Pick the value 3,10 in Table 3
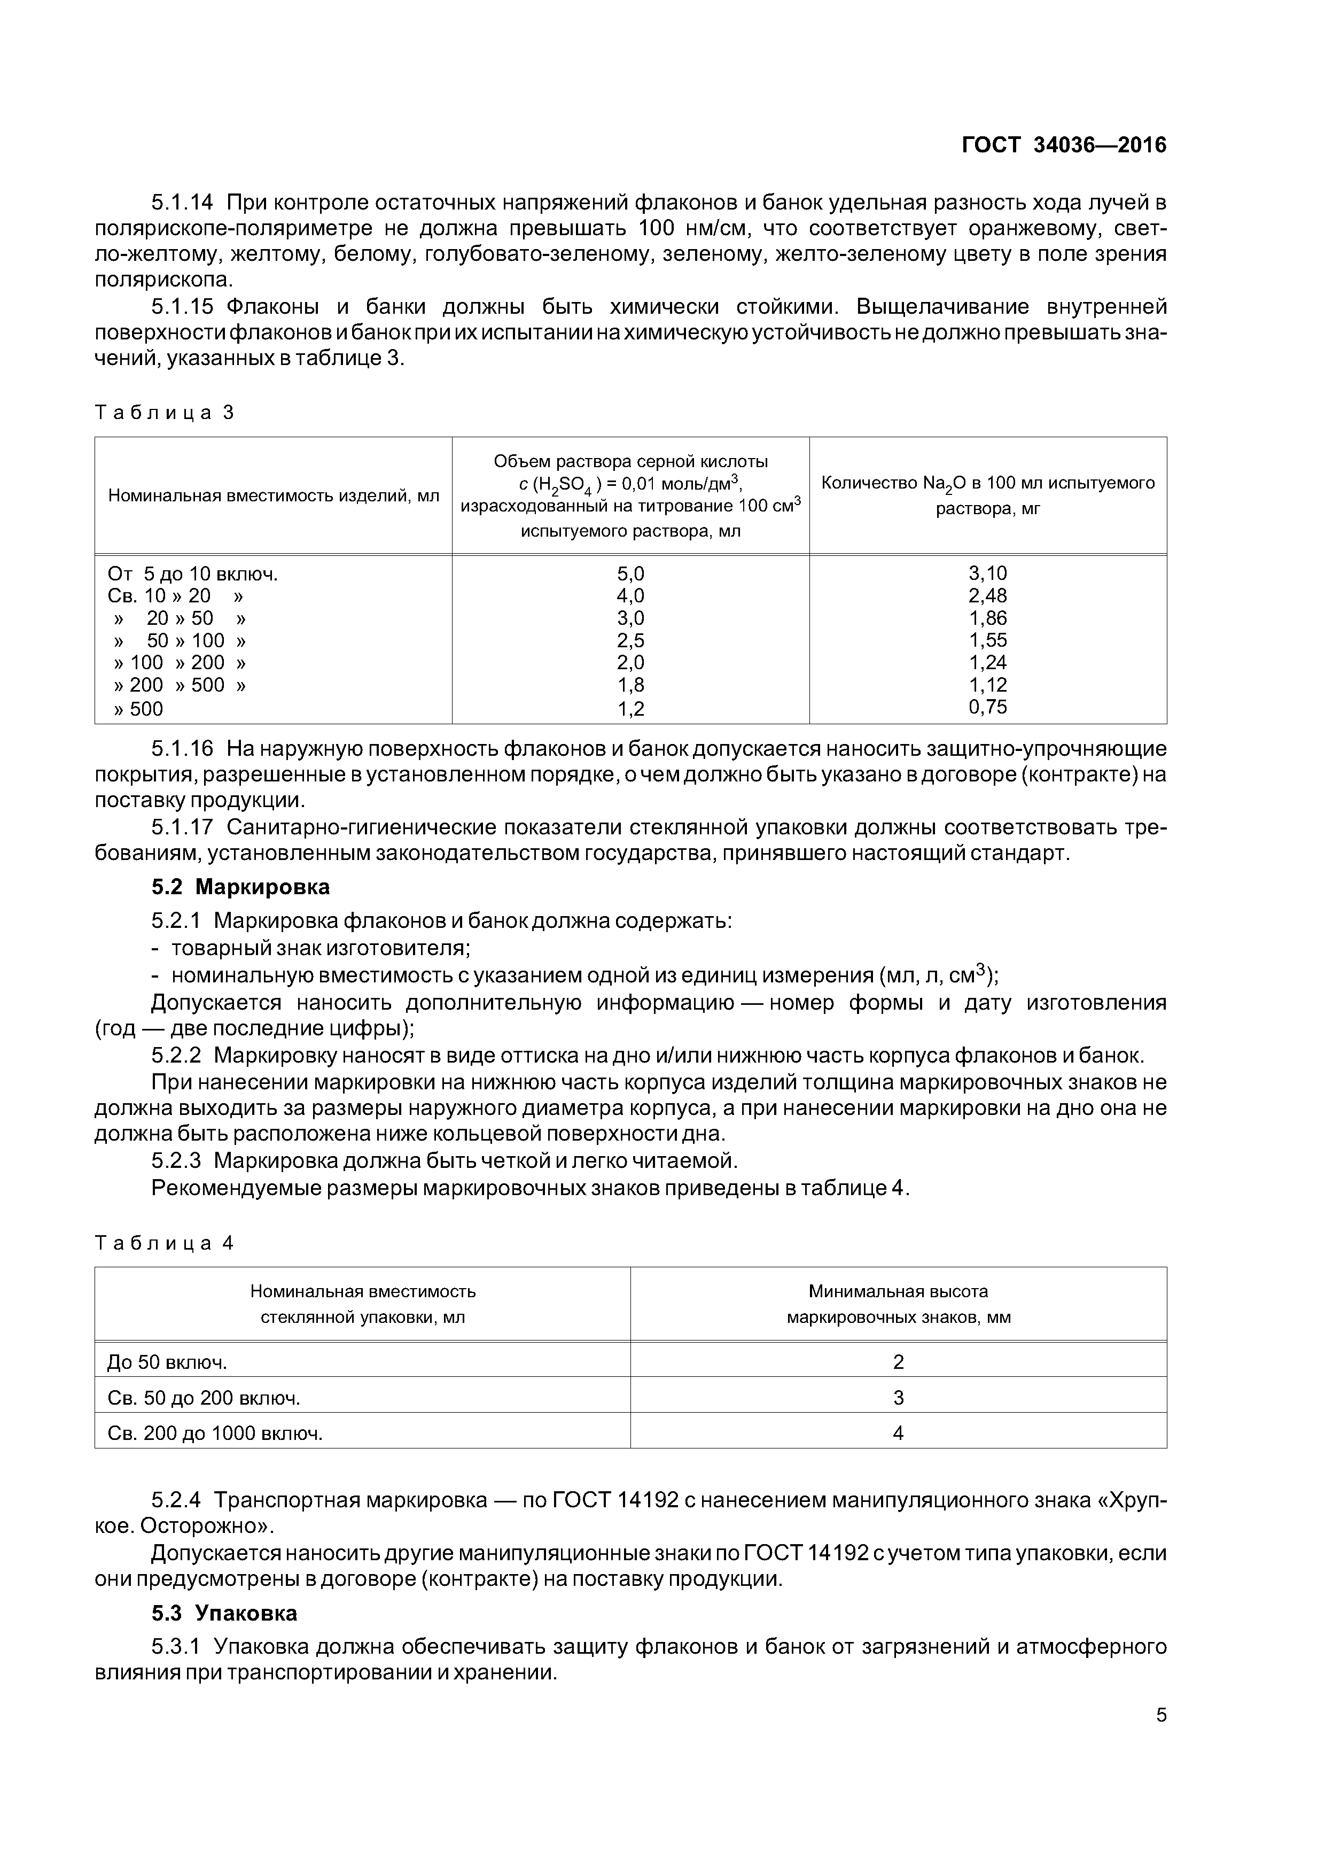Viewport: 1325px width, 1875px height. (x=988, y=574)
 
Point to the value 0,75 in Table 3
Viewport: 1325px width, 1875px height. (x=988, y=707)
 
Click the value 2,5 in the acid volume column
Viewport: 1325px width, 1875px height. (x=630, y=640)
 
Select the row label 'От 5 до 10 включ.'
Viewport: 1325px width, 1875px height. (x=193, y=574)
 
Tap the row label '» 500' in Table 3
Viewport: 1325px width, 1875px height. (x=139, y=709)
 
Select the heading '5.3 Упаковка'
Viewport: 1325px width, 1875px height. (x=224, y=1613)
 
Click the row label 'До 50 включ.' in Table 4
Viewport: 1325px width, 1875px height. (x=167, y=1362)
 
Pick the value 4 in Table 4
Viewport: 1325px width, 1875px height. (x=898, y=1433)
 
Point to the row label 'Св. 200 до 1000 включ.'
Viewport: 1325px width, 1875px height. (x=215, y=1433)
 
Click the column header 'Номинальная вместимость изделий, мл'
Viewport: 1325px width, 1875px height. (x=274, y=495)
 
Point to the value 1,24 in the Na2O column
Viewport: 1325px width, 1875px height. (x=988, y=662)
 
